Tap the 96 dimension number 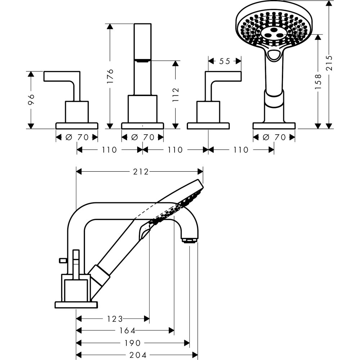pyautogui.click(x=31, y=100)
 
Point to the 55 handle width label pyautogui.click(x=225, y=61)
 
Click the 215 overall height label pyautogui.click(x=329, y=64)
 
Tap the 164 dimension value pyautogui.click(x=128, y=330)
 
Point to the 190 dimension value pyautogui.click(x=133, y=343)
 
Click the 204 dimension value pyautogui.click(x=139, y=355)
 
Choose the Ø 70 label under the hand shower pyautogui.click(x=274, y=137)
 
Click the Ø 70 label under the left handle pyautogui.click(x=77, y=137)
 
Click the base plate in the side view pyautogui.click(x=76, y=305)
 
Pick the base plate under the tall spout pyautogui.click(x=143, y=126)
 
